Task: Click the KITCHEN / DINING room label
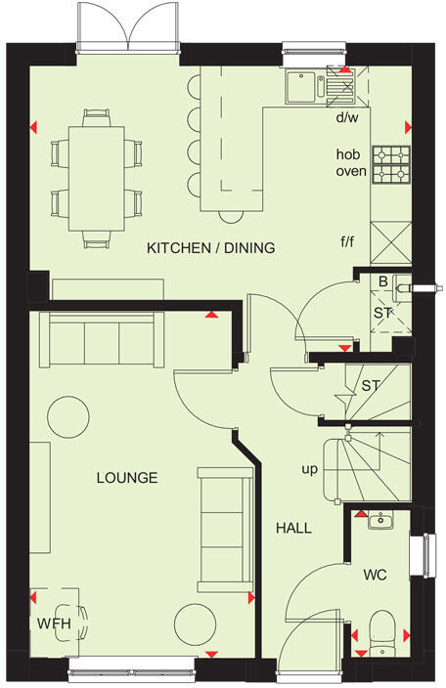pyautogui.click(x=210, y=248)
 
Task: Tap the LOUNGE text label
pyautogui.click(x=127, y=478)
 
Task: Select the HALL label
pyautogui.click(x=293, y=528)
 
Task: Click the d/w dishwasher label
pyautogui.click(x=348, y=118)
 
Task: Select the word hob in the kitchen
pyautogui.click(x=349, y=154)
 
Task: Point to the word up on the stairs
pyautogui.click(x=310, y=470)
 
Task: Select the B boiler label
pyautogui.click(x=382, y=282)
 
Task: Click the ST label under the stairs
pyautogui.click(x=370, y=387)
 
